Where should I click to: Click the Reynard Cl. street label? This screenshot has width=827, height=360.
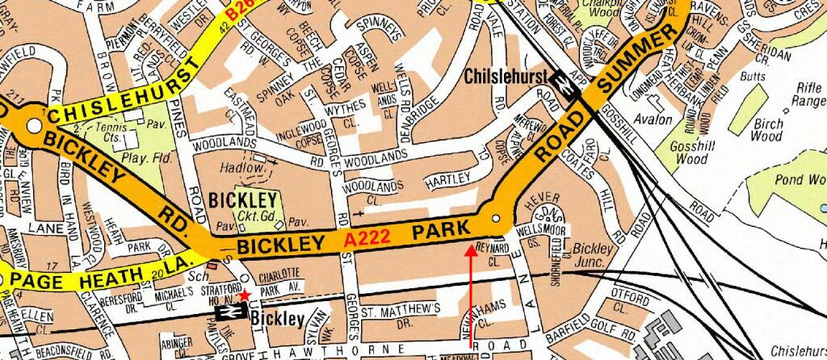pyautogui.click(x=492, y=252)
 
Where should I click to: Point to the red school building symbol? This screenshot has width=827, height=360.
pyautogui.click(x=212, y=263)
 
